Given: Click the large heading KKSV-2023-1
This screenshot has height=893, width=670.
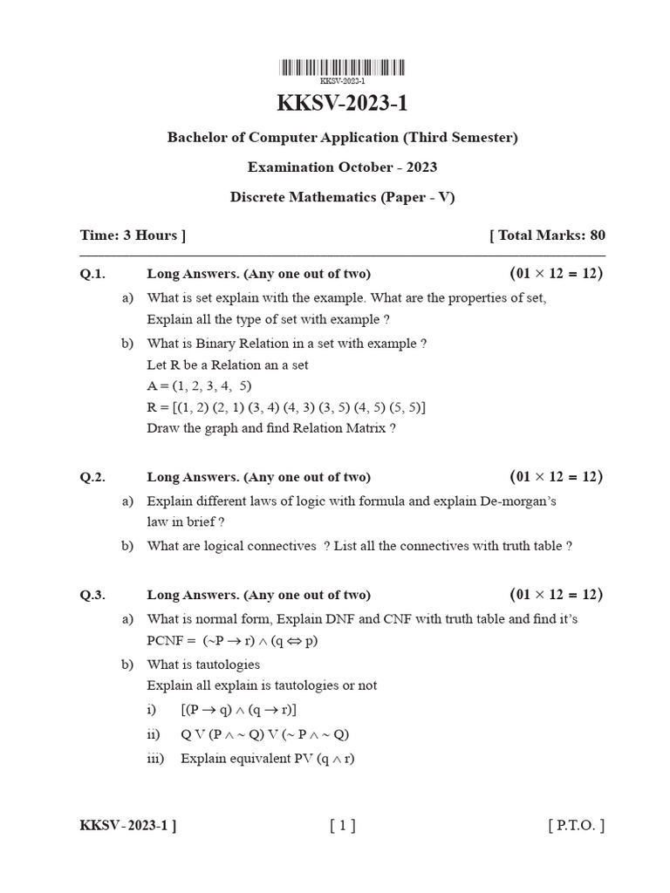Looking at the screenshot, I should click(x=342, y=104).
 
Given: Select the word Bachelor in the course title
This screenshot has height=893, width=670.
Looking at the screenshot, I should click(x=195, y=138).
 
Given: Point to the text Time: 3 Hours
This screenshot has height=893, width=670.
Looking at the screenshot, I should click(x=132, y=235).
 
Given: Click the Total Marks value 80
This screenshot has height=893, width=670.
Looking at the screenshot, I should click(x=597, y=235).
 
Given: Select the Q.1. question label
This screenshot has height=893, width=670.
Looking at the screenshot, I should click(x=92, y=274).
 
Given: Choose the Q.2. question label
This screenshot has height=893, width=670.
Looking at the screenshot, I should click(x=92, y=477).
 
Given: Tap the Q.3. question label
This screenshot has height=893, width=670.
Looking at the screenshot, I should click(x=92, y=595).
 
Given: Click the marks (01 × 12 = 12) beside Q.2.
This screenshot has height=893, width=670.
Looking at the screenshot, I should click(x=557, y=477).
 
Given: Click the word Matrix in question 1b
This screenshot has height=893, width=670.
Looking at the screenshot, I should click(x=366, y=428).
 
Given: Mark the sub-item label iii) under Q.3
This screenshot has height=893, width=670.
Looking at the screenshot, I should click(x=157, y=758).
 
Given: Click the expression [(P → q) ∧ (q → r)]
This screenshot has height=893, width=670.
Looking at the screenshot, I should click(x=238, y=709).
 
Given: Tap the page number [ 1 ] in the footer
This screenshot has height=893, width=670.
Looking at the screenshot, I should click(x=343, y=826).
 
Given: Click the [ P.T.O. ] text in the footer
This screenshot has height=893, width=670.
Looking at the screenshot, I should click(x=576, y=826).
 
